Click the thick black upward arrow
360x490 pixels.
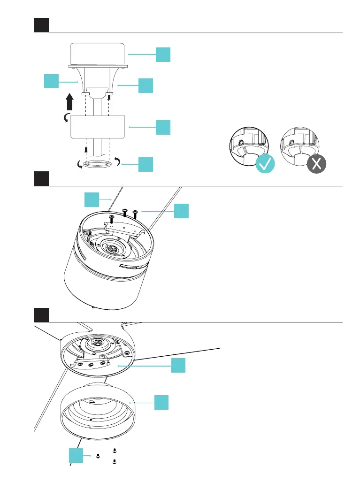(70, 101)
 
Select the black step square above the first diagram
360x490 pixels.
(42, 25)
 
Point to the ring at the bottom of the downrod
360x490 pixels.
(97, 165)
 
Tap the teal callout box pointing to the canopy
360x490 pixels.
(163, 54)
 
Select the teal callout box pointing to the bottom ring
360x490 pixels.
(146, 164)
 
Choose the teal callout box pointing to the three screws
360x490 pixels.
(182, 211)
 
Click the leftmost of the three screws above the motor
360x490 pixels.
(112, 218)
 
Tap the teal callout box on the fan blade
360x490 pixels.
(92, 199)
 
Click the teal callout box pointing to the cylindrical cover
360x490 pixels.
(161, 402)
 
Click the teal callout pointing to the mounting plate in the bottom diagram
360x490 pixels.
(178, 366)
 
